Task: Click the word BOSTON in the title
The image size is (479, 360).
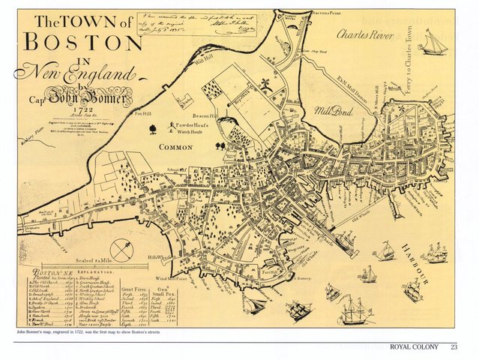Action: click(85, 40)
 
